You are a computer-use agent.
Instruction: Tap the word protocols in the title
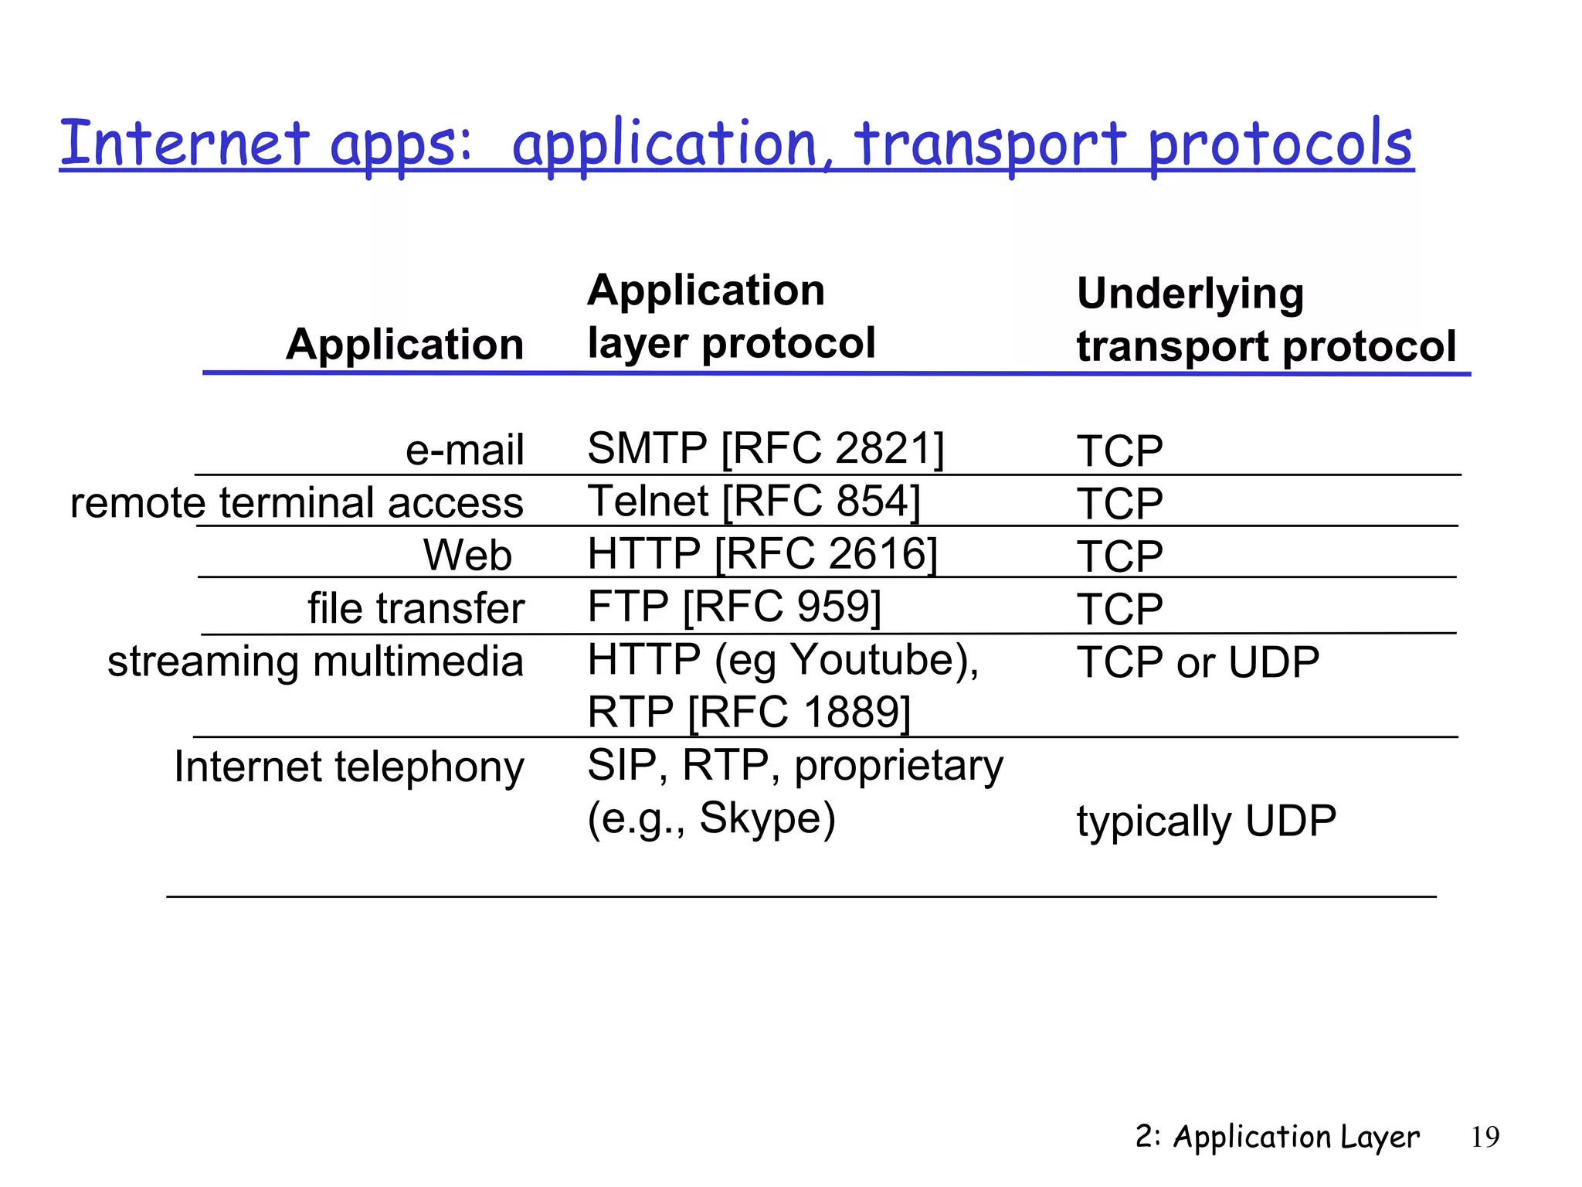1280,145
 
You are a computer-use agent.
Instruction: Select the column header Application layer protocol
731,317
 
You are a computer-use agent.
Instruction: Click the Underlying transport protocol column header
1265,320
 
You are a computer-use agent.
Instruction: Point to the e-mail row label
464,450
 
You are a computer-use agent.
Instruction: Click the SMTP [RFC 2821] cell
765,448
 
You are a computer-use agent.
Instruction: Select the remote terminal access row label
297,502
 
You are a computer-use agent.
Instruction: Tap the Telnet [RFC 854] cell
753,501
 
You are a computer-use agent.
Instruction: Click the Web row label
467,555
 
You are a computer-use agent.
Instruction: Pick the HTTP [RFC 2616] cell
762,553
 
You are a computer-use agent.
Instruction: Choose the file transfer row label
416,607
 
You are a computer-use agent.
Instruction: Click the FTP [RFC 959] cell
734,606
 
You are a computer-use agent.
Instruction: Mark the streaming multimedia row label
315,662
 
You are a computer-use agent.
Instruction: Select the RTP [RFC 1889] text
749,712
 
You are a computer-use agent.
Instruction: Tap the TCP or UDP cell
1197,662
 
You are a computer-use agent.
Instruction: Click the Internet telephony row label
349,767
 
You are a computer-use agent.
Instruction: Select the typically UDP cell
1206,821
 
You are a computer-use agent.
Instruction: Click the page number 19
1485,1137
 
